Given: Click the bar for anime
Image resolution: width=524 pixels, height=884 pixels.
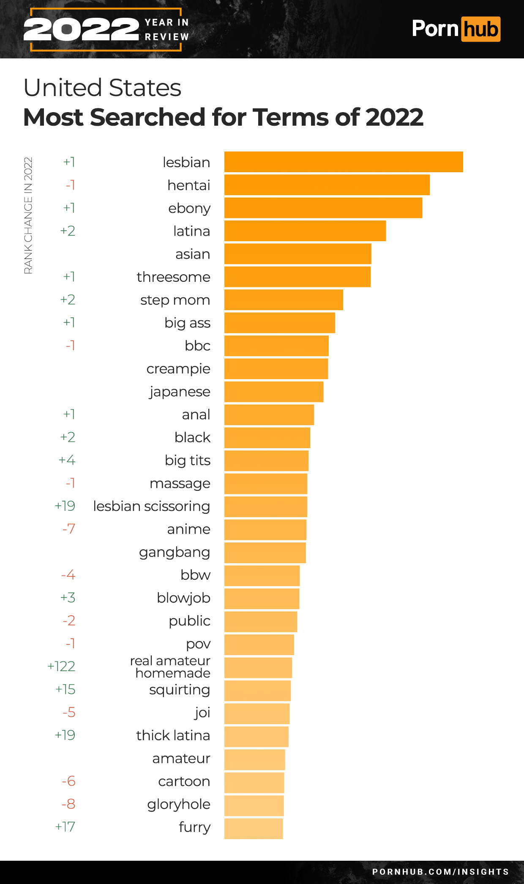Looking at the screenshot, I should pyautogui.click(x=265, y=529).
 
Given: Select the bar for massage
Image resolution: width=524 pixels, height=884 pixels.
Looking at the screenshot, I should pyautogui.click(x=265, y=484).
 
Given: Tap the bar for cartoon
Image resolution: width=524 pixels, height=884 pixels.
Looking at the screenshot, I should pyautogui.click(x=254, y=782).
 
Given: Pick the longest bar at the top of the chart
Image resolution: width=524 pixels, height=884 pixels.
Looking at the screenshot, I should pyautogui.click(x=343, y=162).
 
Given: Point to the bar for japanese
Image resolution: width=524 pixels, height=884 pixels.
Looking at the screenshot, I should pyautogui.click(x=273, y=392).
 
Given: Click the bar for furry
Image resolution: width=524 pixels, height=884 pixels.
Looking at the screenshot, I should pyautogui.click(x=253, y=828).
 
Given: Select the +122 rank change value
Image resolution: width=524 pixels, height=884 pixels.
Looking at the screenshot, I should pyautogui.click(x=61, y=666).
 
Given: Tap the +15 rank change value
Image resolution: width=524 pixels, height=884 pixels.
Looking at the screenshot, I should pyautogui.click(x=65, y=689).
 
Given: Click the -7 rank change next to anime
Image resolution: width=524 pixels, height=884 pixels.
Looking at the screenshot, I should pyautogui.click(x=69, y=529).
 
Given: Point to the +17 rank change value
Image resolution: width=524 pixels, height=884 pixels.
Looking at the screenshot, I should pyautogui.click(x=65, y=827).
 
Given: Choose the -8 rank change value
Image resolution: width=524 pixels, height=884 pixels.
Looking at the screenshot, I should pyautogui.click(x=68, y=804).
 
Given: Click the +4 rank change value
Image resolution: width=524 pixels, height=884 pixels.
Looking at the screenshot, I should pyautogui.click(x=67, y=460).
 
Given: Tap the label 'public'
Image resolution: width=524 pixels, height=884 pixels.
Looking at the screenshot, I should pyautogui.click(x=189, y=621).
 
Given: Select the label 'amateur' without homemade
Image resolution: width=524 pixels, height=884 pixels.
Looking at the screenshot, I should pyautogui.click(x=181, y=758).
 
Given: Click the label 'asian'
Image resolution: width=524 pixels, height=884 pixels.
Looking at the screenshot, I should pyautogui.click(x=193, y=254).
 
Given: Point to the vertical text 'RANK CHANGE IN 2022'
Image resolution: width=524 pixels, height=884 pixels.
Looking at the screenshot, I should pyautogui.click(x=28, y=215).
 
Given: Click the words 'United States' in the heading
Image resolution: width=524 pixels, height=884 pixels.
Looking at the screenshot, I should pyautogui.click(x=102, y=88).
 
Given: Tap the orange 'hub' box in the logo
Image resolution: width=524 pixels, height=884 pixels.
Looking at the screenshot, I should pyautogui.click(x=480, y=29).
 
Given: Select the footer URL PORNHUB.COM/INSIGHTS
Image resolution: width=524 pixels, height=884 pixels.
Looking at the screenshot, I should pyautogui.click(x=440, y=872).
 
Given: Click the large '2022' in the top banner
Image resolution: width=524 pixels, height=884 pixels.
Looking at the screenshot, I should pyautogui.click(x=81, y=30).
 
